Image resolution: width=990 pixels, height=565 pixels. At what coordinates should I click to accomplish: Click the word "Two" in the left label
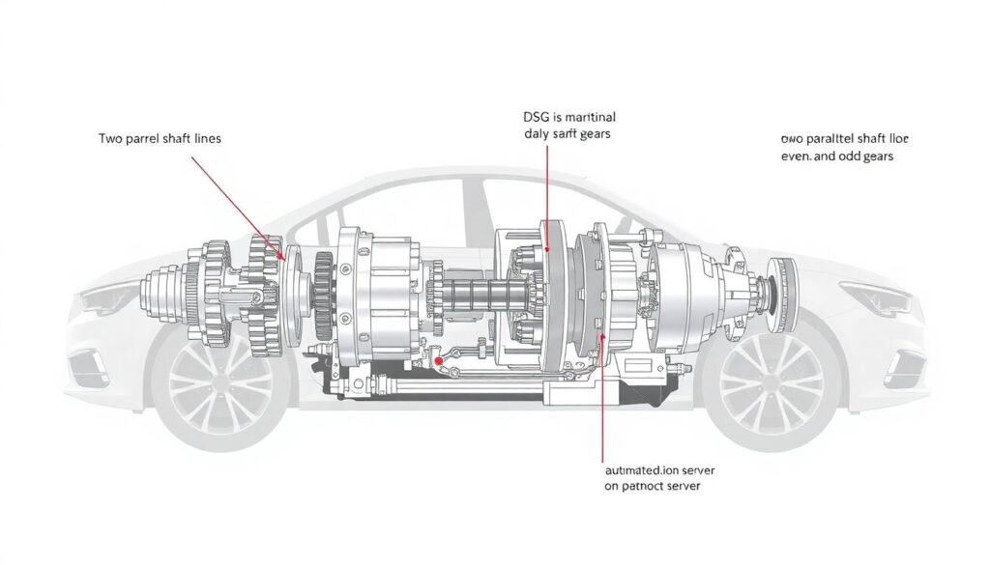[x=112, y=138]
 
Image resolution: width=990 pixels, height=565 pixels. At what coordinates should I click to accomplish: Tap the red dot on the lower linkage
[x=440, y=361]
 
